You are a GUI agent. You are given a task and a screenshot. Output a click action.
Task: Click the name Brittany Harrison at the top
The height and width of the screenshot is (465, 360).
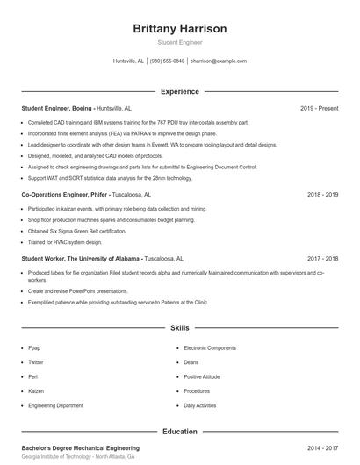pos(179,29)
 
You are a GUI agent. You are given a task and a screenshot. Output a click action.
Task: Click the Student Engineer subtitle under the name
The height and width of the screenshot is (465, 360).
pos(179,42)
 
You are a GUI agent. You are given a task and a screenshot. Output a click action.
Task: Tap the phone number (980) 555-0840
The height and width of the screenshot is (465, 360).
pos(167,61)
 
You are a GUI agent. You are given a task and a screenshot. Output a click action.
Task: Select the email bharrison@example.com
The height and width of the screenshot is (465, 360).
pos(219,61)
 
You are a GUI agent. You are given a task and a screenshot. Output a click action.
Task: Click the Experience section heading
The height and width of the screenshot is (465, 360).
pos(179,91)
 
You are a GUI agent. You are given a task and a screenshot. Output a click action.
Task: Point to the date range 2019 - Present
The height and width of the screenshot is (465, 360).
pos(319,108)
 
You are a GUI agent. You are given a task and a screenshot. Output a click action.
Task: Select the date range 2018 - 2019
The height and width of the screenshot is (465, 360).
pos(322,195)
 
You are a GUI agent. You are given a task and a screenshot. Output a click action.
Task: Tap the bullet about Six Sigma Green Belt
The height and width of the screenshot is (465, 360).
pos(77,231)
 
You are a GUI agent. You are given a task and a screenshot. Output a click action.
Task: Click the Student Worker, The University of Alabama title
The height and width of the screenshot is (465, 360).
pos(81,259)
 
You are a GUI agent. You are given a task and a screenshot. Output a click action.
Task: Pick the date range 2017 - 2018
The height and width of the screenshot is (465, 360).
pos(322,259)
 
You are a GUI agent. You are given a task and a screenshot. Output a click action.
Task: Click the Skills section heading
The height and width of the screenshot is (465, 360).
pos(179,327)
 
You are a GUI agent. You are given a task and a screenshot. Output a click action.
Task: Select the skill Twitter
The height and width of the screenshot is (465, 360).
pos(36,362)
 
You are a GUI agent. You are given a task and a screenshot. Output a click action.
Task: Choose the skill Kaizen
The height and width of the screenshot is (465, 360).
pos(36,391)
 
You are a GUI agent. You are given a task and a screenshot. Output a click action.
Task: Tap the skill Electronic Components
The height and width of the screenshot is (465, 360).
pos(210,348)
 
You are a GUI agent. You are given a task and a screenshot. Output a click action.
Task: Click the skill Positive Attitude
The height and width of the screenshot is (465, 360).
pos(202,377)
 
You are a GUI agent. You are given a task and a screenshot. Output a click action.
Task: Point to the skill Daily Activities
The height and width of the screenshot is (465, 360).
pos(200,406)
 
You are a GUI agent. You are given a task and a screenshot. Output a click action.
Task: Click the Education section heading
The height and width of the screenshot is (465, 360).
pos(179,432)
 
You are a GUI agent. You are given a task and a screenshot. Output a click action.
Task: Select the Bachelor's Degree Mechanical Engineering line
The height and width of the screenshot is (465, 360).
pos(80,448)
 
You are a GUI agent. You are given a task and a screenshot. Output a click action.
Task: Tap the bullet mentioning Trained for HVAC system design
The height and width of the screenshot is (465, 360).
pos(65,242)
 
